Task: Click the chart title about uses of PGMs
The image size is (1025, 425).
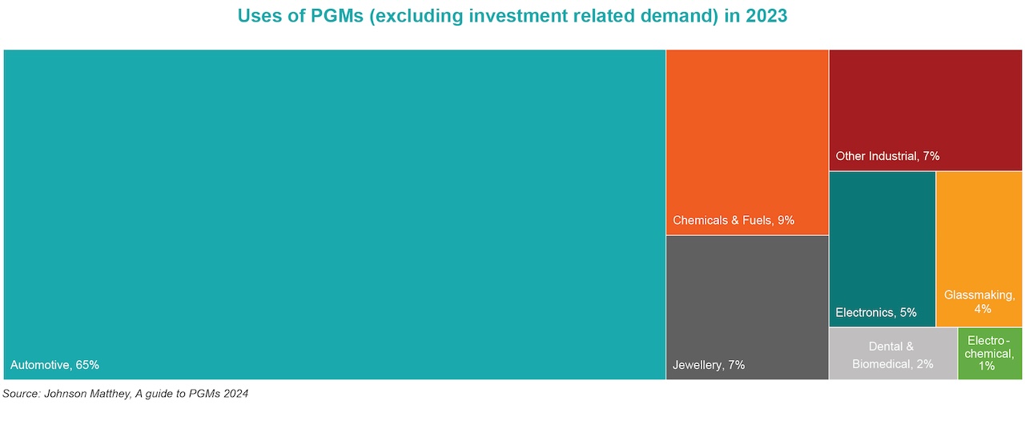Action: [x=512, y=16]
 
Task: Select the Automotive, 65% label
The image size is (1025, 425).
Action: [x=54, y=365]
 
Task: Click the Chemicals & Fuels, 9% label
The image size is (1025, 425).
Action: [x=734, y=220]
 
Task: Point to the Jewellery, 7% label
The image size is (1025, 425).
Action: [x=708, y=365]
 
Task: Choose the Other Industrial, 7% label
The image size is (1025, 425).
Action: [x=887, y=156]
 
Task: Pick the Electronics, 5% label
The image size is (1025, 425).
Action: [x=876, y=312]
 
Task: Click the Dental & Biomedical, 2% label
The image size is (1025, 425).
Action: [x=892, y=355]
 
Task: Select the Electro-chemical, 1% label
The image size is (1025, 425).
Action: [x=990, y=352]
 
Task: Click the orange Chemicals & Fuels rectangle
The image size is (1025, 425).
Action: [x=747, y=128]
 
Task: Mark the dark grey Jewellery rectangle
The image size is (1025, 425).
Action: [x=747, y=296]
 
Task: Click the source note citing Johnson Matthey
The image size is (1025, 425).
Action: [x=125, y=393]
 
